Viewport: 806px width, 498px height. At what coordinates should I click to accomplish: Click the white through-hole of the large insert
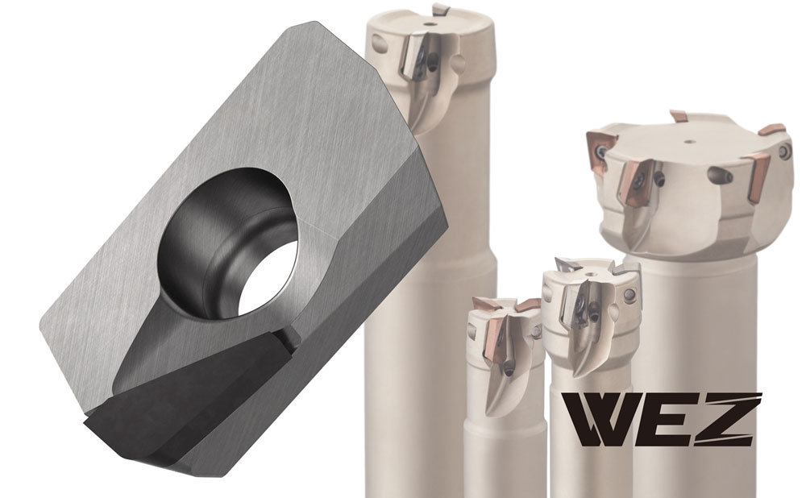click(x=269, y=278)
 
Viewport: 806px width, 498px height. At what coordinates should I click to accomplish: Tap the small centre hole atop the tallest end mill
click(x=428, y=23)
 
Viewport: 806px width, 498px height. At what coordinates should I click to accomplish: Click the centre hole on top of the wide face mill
click(x=690, y=141)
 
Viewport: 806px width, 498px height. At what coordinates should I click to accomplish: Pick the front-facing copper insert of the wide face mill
click(x=636, y=182)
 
